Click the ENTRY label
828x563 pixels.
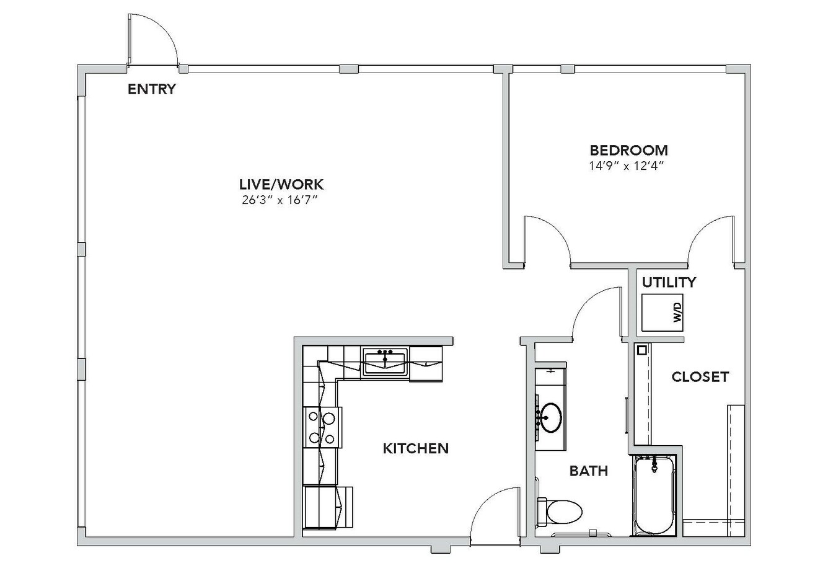pyautogui.click(x=152, y=89)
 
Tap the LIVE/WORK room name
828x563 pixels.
pyautogui.click(x=281, y=184)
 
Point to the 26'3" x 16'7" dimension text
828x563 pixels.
pyautogui.click(x=280, y=200)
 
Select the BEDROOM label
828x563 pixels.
pyautogui.click(x=629, y=150)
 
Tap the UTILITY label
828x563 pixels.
pyautogui.click(x=669, y=282)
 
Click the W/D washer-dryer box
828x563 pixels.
pyautogui.click(x=662, y=313)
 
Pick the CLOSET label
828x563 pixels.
pyautogui.click(x=700, y=376)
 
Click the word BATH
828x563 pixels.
pyautogui.click(x=589, y=471)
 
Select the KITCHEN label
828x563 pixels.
pyautogui.click(x=416, y=448)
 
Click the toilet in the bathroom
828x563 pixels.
pyautogui.click(x=559, y=512)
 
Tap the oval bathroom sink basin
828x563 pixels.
pyautogui.click(x=552, y=417)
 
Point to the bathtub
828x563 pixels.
pyautogui.click(x=654, y=495)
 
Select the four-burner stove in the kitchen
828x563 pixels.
pyautogui.click(x=322, y=428)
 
